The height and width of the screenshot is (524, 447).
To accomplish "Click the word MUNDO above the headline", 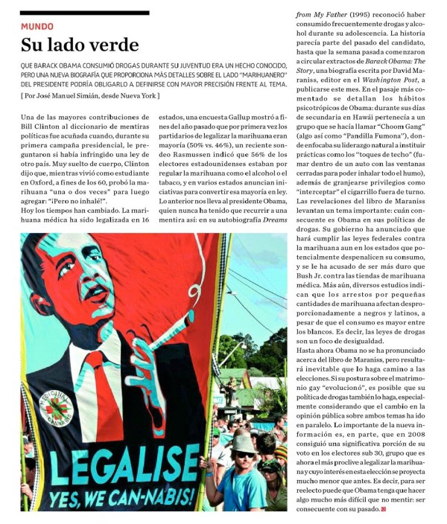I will (x=37, y=26).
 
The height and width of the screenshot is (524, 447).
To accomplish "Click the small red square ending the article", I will (x=384, y=509).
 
